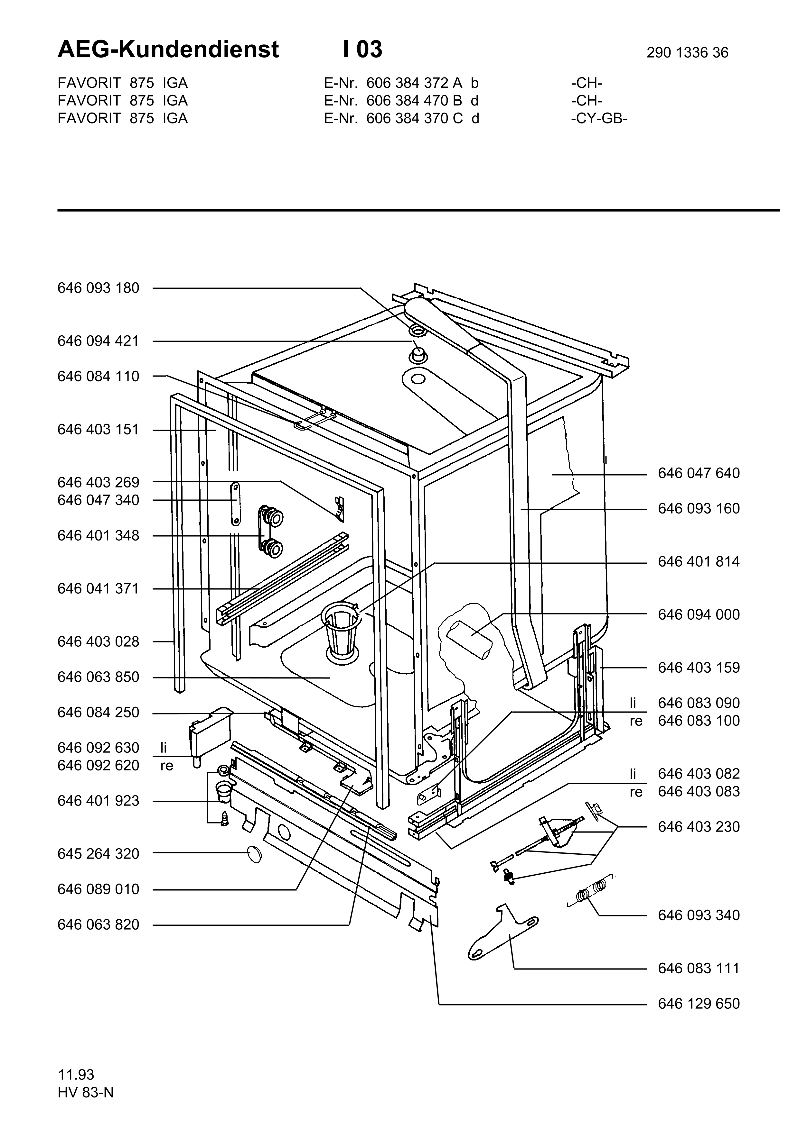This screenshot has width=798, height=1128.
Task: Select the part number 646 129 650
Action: tap(699, 1003)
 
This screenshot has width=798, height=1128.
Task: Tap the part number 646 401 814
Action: tap(699, 561)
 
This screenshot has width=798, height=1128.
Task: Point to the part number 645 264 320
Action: tap(98, 854)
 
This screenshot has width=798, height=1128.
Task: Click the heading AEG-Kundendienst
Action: tap(168, 50)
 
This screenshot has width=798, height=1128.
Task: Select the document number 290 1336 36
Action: tap(687, 52)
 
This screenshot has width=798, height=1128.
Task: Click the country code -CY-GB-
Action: tap(599, 118)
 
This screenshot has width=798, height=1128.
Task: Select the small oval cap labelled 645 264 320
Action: tap(254, 855)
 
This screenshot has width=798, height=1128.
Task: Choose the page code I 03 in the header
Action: tap(362, 50)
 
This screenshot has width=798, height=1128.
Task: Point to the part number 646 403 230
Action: tap(699, 826)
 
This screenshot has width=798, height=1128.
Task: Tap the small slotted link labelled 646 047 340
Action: tap(236, 503)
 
